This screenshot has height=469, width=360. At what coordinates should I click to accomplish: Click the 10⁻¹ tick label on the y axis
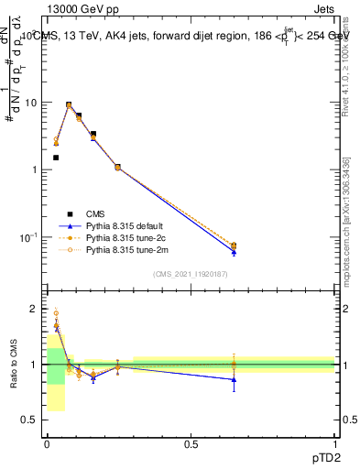[27, 237]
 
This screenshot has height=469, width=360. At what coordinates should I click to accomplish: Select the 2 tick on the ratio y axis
[34, 309]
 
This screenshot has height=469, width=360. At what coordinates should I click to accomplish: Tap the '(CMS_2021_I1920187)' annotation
[190, 274]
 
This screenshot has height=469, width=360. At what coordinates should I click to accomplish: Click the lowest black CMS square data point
[56, 158]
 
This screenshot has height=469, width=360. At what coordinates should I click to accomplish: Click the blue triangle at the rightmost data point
[234, 252]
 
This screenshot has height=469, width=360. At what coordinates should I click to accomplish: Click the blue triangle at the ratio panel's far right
[234, 379]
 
